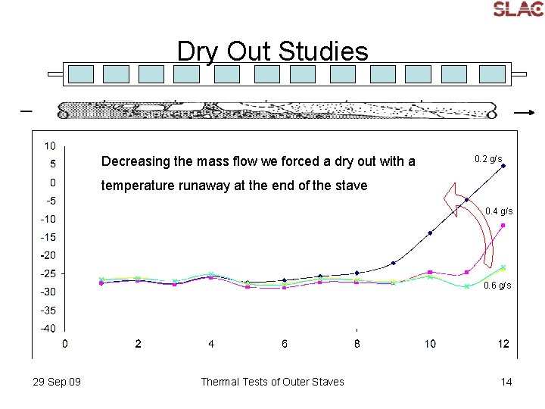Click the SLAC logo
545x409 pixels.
pos(518,8)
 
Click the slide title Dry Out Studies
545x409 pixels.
pos(272,52)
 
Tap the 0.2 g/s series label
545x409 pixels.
pos(488,159)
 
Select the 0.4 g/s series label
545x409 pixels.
pos(499,211)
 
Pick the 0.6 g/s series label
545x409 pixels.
pos(497,286)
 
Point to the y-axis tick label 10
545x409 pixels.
pos(49,145)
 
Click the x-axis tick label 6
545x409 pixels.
pos(285,344)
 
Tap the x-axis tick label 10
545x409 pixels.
pos(430,344)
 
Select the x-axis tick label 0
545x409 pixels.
pos(65,344)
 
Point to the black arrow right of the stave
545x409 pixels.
pos(524,111)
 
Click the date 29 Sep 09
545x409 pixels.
pos(57,382)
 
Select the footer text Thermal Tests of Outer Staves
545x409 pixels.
pos(272,382)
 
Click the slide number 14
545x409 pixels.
pos(506,382)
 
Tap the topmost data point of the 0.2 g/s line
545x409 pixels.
pos(503,166)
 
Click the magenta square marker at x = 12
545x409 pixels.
pos(503,226)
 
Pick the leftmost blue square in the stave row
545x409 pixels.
pos(81,73)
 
